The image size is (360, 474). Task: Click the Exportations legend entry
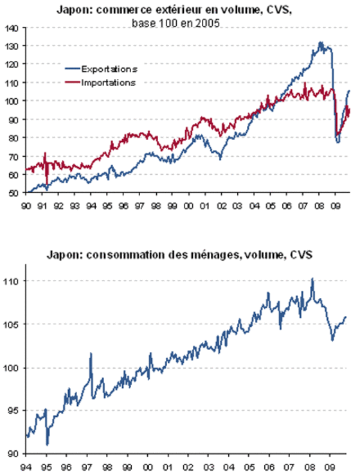click(x=101, y=69)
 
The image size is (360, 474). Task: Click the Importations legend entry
click(x=100, y=82)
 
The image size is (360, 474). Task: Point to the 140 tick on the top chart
click(x=12, y=28)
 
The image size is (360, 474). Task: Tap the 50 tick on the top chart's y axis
click(x=14, y=193)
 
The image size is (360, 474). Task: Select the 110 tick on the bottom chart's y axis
click(x=11, y=281)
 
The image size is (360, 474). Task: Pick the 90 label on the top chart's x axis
click(x=26, y=206)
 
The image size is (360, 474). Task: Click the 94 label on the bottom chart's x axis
click(x=26, y=468)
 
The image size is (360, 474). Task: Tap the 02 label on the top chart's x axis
click(x=221, y=206)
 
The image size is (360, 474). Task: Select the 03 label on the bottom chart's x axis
click(x=208, y=468)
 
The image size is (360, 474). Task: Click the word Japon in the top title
click(x=75, y=10)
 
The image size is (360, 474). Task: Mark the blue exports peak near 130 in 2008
click(x=321, y=43)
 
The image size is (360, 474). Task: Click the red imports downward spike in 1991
click(x=46, y=183)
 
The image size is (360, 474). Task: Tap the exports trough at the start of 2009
click(x=337, y=141)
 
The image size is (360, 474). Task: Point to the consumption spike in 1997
click(x=91, y=354)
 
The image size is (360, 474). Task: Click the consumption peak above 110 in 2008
click(x=312, y=279)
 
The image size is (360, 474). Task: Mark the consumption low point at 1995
click(x=47, y=444)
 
